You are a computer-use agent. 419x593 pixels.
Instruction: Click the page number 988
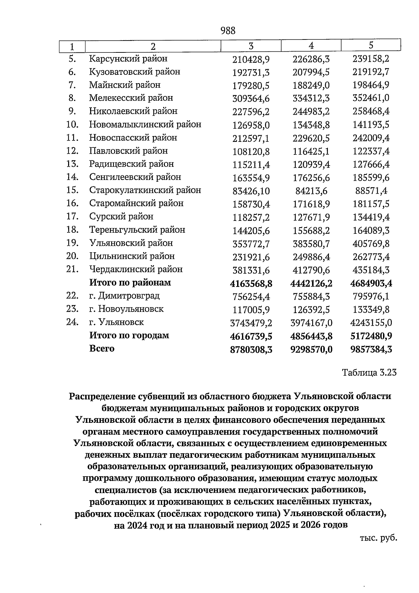tap(228, 31)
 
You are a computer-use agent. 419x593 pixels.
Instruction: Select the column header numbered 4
tap(311, 46)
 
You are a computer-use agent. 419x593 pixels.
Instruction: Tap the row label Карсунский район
tap(128, 58)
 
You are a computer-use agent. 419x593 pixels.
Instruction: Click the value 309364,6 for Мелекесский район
tap(251, 99)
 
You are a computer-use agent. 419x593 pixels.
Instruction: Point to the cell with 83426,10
tap(251, 191)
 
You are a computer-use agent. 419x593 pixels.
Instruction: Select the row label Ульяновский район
tap(131, 243)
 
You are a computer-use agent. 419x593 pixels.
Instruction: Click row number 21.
tap(72, 269)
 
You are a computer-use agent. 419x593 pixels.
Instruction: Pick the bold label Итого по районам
tap(130, 282)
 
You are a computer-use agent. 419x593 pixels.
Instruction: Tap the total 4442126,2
tap(311, 283)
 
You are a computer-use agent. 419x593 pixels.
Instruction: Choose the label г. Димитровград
tap(124, 296)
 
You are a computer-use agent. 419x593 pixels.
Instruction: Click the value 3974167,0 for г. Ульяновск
tap(311, 323)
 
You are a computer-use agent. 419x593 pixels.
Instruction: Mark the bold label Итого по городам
tap(129, 335)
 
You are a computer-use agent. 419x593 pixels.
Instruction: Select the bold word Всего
tap(102, 348)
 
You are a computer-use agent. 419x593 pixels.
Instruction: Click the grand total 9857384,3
tap(371, 349)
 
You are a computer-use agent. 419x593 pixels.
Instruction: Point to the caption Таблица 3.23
tap(369, 373)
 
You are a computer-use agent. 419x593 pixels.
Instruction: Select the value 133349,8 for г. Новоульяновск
tap(371, 310)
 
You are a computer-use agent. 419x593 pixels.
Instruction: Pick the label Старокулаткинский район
tap(145, 190)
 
